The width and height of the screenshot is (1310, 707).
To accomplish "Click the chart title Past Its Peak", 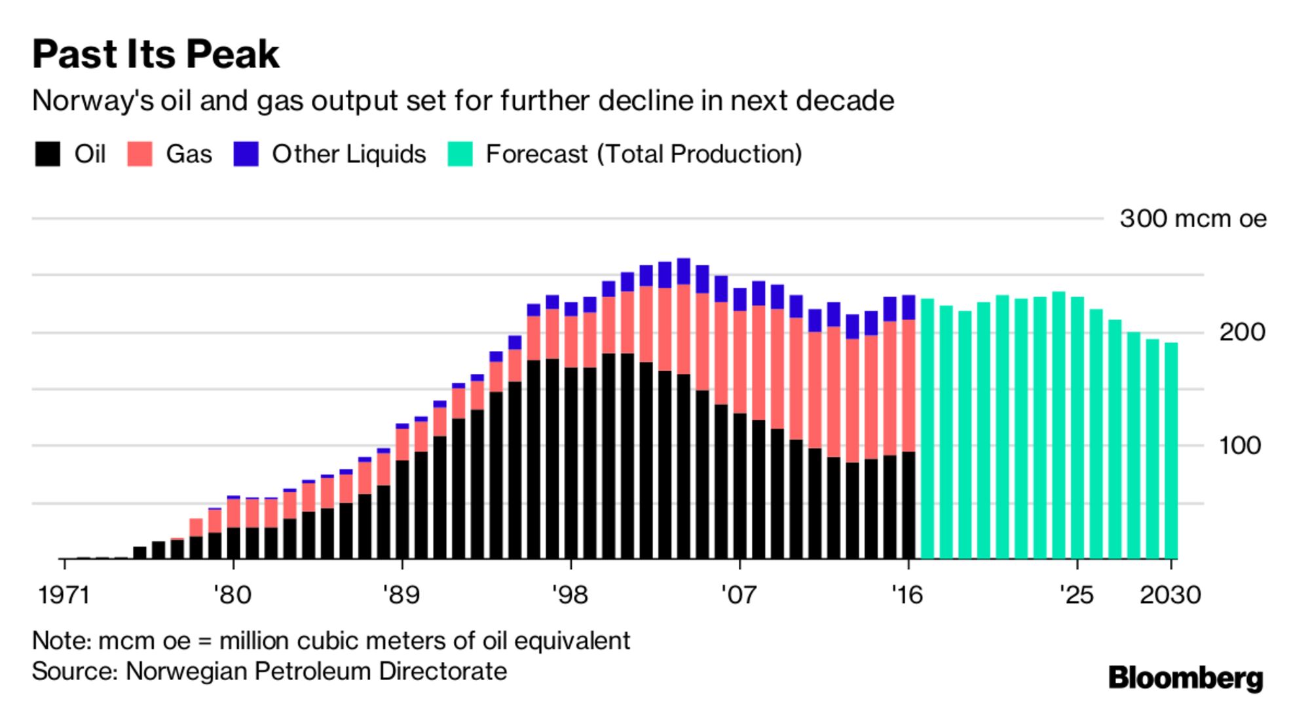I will coord(156,54).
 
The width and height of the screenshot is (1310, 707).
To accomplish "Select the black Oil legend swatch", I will coord(48,154).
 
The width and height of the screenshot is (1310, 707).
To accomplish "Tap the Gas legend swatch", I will coord(140,154).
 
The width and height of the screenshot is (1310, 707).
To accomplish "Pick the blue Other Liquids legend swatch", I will coord(246,154).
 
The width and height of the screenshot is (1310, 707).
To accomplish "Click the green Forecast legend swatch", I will coord(460,154).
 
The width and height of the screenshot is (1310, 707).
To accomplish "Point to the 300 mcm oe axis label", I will coord(1193,219).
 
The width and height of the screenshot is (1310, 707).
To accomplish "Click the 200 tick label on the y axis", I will coord(1241,333).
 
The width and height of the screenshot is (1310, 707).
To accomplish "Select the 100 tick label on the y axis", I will coord(1239,446).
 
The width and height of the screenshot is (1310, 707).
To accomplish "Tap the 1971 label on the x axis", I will coord(64,595).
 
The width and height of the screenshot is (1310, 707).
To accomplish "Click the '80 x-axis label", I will coord(233,595).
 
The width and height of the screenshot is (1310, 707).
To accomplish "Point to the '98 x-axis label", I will coord(571,595).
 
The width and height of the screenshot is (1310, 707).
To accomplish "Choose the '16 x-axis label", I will coord(907,595).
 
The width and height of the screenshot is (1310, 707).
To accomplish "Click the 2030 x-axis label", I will coord(1170,595).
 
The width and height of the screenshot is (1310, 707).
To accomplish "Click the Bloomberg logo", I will coord(1186,678).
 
